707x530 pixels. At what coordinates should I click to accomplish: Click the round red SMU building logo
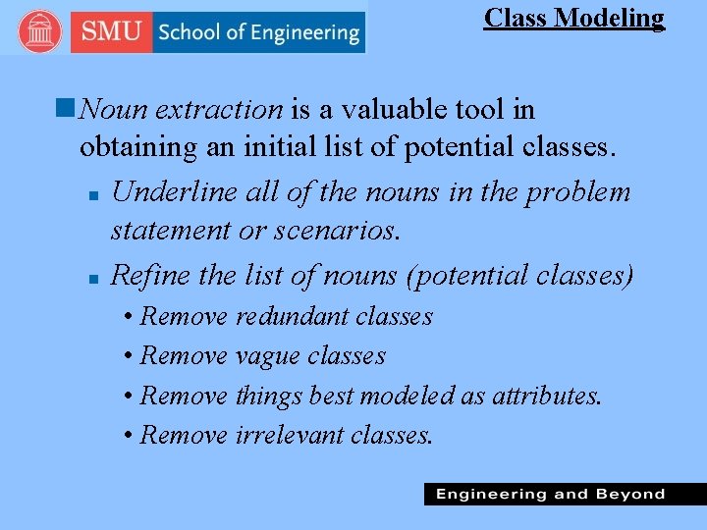tap(38, 31)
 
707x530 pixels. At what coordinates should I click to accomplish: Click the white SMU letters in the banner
tap(112, 31)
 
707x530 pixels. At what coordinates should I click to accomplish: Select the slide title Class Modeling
tap(573, 18)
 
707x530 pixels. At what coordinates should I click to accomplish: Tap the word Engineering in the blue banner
tap(304, 32)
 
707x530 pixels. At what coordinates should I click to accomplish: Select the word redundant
tap(293, 316)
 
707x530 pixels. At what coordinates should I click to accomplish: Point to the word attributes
tap(546, 396)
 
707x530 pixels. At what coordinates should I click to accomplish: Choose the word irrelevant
tap(289, 435)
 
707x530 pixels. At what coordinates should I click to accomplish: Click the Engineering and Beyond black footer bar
tap(564, 494)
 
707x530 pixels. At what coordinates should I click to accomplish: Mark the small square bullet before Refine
tap(90, 279)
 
